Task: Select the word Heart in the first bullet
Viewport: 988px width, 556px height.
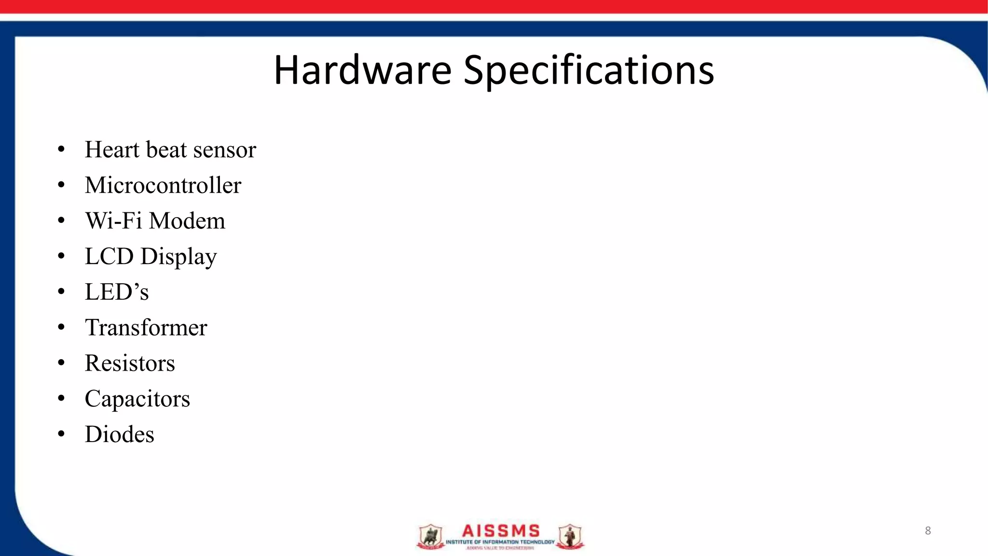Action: pos(112,150)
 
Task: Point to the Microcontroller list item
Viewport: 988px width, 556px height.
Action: pos(163,185)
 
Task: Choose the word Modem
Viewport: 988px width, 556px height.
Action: pos(187,221)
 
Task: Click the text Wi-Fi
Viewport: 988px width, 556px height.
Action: pos(114,221)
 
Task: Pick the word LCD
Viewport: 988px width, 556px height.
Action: pos(109,256)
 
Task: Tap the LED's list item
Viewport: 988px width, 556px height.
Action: pos(117,292)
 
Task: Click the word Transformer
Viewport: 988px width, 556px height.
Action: pos(146,328)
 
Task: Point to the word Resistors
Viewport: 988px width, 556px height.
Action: pos(130,363)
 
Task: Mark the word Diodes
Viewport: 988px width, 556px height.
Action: pos(120,434)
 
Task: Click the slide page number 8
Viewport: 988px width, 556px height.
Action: pos(928,531)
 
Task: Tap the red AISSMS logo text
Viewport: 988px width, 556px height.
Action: pos(501,531)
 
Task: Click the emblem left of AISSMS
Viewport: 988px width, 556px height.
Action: pos(430,537)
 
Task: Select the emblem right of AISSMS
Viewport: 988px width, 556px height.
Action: pos(570,537)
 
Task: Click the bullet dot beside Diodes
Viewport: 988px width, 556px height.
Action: pos(61,434)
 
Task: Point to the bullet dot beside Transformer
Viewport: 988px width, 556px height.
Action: pos(61,327)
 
